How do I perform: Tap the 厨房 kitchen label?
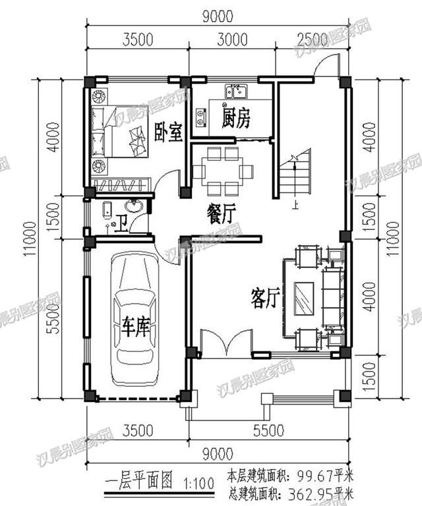tap(236, 119)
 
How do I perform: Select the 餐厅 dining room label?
tap(221, 215)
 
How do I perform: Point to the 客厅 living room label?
tap(264, 298)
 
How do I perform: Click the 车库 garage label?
tap(135, 327)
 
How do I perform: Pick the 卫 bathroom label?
tap(121, 226)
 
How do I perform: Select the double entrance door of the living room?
tap(227, 343)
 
